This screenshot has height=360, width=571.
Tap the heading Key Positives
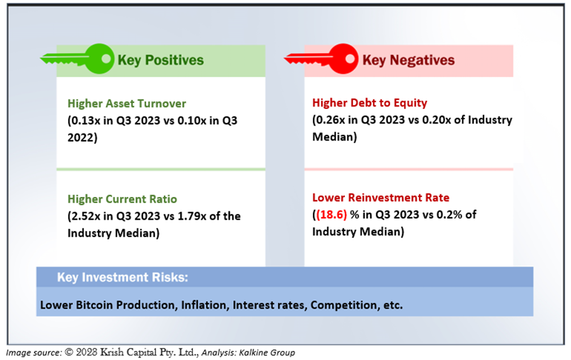[160, 60]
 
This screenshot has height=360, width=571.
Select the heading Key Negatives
[408, 60]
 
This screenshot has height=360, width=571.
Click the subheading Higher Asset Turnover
[127, 104]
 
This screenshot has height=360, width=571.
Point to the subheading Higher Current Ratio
[122, 199]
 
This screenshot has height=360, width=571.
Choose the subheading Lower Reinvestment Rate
[381, 198]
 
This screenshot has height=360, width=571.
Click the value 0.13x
[85, 120]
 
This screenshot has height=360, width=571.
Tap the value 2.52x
[85, 216]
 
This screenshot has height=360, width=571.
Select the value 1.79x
[192, 216]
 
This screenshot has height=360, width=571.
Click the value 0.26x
[331, 120]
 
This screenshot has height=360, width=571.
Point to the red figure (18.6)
[331, 215]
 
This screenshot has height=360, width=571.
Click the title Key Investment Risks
[122, 277]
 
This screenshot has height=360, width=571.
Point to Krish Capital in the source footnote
[129, 352]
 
